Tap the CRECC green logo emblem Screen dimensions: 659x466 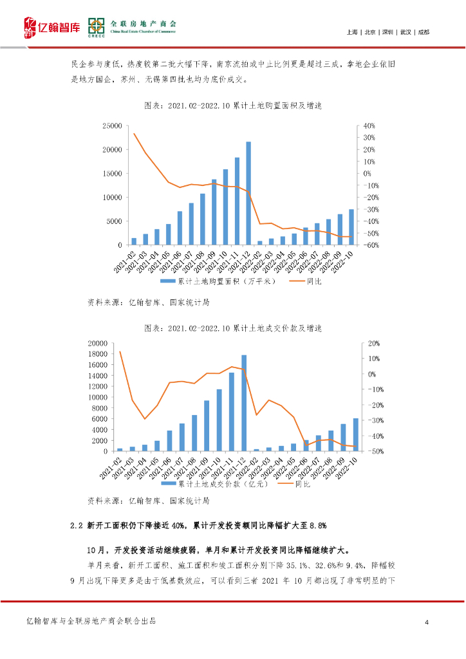(x=97, y=26)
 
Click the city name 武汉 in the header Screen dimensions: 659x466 (x=405, y=32)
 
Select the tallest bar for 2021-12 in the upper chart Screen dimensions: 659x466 (x=248, y=193)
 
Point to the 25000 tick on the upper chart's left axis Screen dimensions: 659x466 (x=113, y=126)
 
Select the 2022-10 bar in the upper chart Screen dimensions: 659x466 (x=351, y=227)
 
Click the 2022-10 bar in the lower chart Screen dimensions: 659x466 (x=356, y=434)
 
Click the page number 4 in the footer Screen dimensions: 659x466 (x=427, y=622)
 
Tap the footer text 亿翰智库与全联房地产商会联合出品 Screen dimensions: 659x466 (x=91, y=622)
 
